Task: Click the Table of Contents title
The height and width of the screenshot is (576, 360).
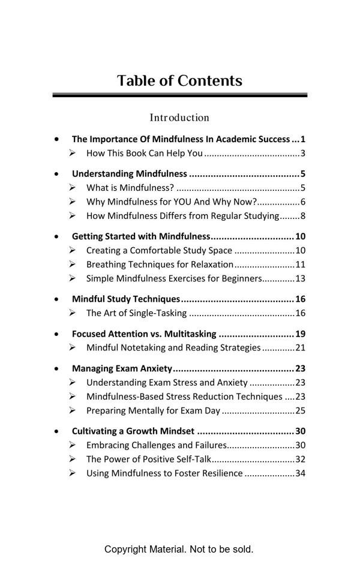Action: (x=179, y=81)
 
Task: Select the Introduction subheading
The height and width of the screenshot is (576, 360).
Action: (x=179, y=118)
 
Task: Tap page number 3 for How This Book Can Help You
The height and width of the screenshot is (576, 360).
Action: (x=303, y=153)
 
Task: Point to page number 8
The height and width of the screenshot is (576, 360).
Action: (x=303, y=216)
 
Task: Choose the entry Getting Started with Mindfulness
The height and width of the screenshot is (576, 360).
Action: (x=140, y=236)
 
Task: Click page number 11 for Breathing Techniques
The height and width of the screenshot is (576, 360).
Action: (x=301, y=265)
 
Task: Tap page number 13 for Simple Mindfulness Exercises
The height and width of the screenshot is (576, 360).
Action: (x=301, y=278)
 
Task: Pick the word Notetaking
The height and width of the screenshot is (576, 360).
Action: (x=144, y=348)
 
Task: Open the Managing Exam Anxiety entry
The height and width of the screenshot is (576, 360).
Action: (x=122, y=369)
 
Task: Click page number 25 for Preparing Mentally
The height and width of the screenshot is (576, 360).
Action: (x=301, y=411)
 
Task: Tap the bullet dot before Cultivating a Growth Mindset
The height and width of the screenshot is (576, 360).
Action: (x=57, y=431)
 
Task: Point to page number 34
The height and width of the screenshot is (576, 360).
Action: (x=301, y=473)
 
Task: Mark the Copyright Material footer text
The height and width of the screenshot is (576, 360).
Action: (x=179, y=549)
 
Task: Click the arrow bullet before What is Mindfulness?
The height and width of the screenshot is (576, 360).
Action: (x=73, y=188)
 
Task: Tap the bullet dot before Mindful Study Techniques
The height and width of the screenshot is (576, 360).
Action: (x=57, y=299)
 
